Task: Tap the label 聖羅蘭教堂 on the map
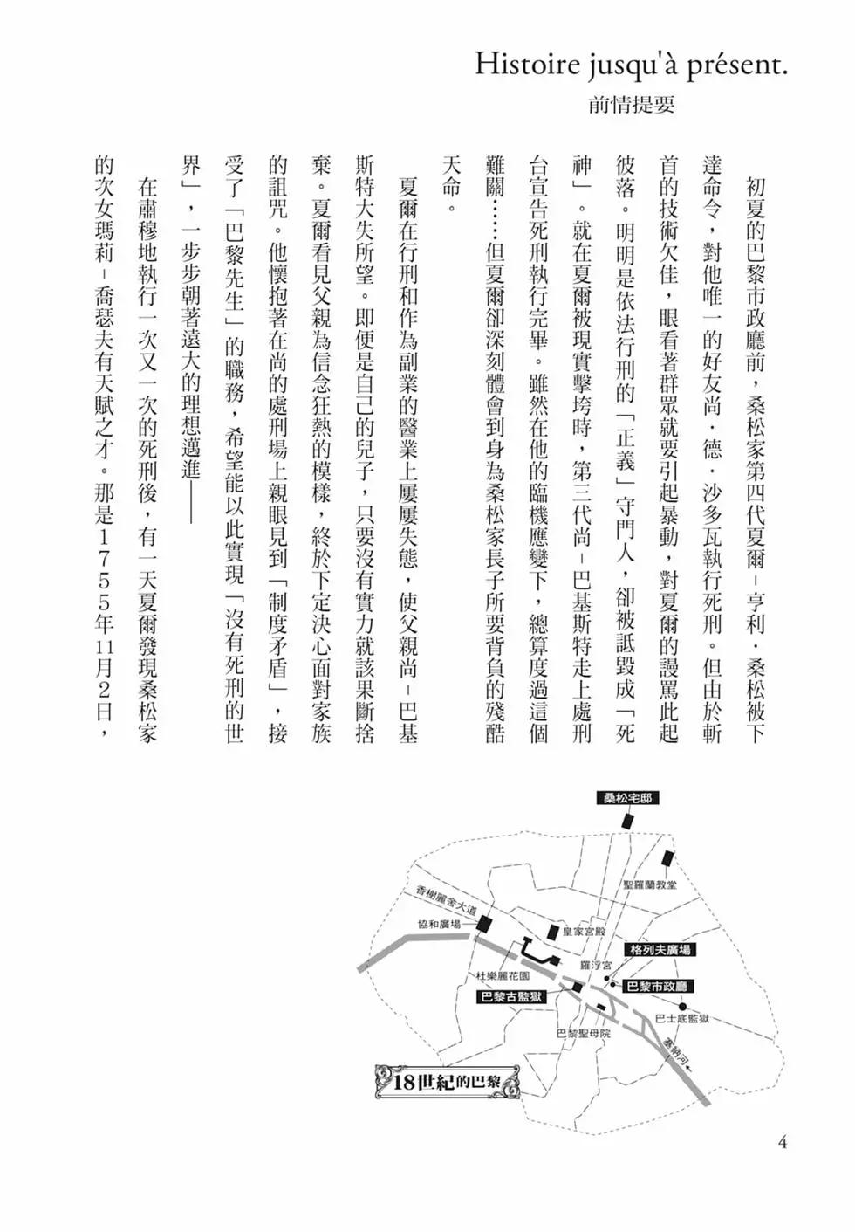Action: click(x=650, y=884)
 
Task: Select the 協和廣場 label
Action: click(x=439, y=925)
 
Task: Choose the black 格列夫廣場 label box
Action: click(x=661, y=949)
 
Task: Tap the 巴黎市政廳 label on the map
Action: click(x=659, y=987)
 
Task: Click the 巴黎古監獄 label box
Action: click(x=512, y=996)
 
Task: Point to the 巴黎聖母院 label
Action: click(x=584, y=1033)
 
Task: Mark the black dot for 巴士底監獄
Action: click(x=682, y=1006)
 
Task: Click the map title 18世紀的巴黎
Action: click(x=447, y=1083)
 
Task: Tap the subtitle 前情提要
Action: click(x=632, y=107)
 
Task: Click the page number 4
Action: click(x=782, y=1141)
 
